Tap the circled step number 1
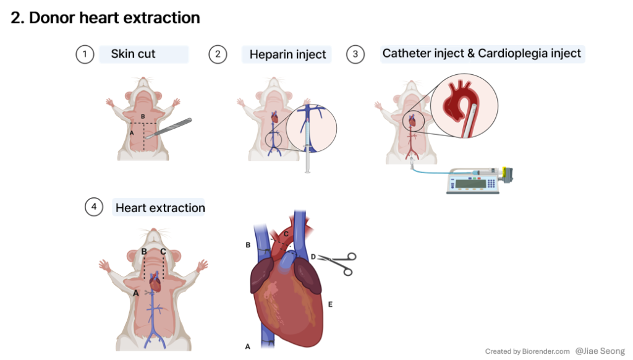coord(84,54)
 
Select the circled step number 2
coord(218,54)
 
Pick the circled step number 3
coord(355,54)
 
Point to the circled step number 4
coord(93,207)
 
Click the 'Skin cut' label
coord(133,54)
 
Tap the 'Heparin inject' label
coord(287,55)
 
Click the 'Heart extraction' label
coord(160,208)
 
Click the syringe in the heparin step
coord(307,158)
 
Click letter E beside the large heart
coord(330,304)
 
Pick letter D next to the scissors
coord(313,256)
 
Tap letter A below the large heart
coord(247,346)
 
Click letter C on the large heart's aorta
coord(286,233)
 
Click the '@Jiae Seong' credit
coord(600,351)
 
